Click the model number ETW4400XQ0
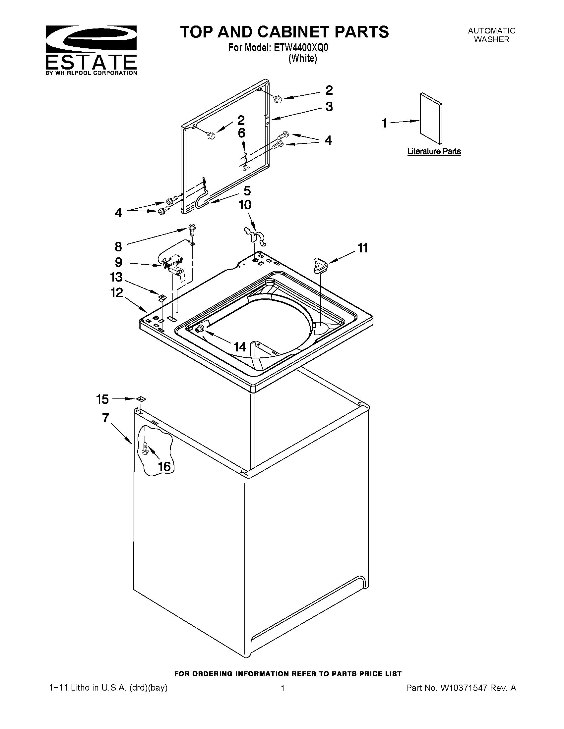(x=301, y=48)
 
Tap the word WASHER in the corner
(x=491, y=39)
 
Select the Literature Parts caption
(x=434, y=152)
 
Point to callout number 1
(x=385, y=123)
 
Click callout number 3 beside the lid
(x=329, y=107)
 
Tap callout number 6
(x=242, y=133)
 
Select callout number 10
(x=245, y=205)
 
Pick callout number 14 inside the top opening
(x=240, y=347)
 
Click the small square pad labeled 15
(x=141, y=399)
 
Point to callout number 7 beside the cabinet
(x=105, y=418)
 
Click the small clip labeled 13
(x=162, y=297)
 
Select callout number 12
(x=117, y=293)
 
